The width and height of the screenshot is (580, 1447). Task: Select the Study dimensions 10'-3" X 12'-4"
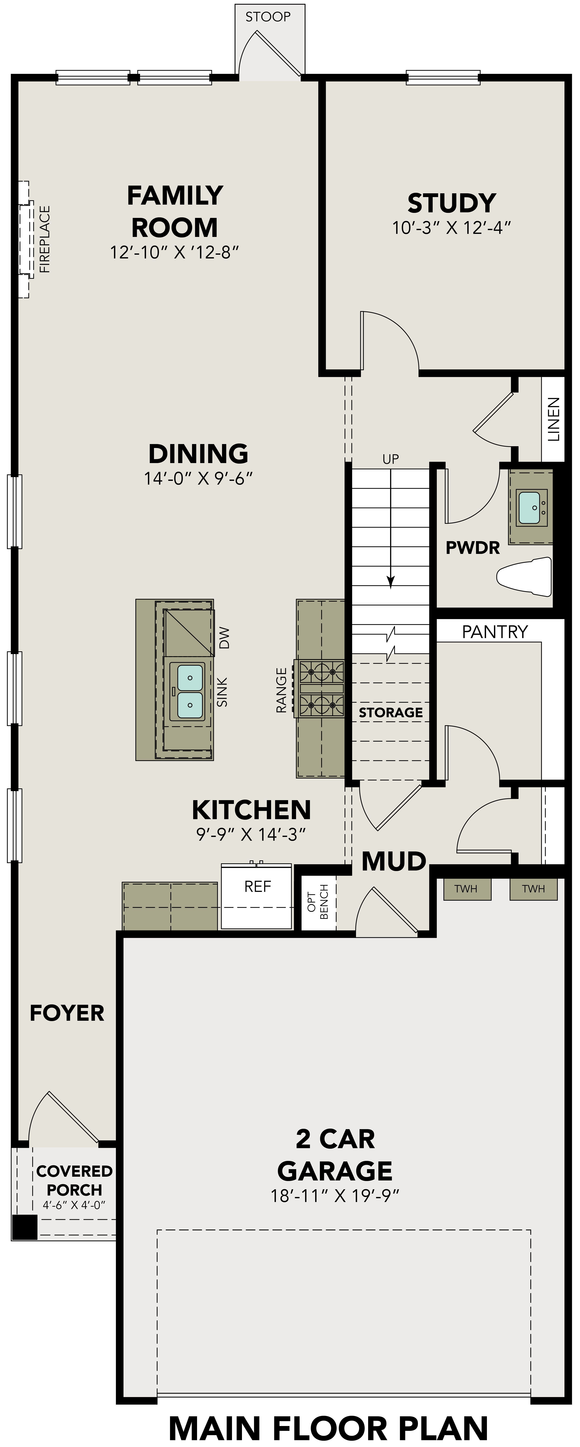click(x=451, y=228)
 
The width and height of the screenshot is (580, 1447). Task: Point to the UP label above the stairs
click(x=391, y=459)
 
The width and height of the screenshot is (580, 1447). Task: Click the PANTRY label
click(x=494, y=632)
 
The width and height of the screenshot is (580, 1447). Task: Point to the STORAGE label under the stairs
click(x=391, y=712)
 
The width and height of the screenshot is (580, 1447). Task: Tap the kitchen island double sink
click(x=190, y=691)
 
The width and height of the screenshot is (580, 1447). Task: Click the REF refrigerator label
click(x=257, y=886)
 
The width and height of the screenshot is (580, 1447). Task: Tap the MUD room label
click(x=393, y=861)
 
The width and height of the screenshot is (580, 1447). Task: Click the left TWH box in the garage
click(x=466, y=889)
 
